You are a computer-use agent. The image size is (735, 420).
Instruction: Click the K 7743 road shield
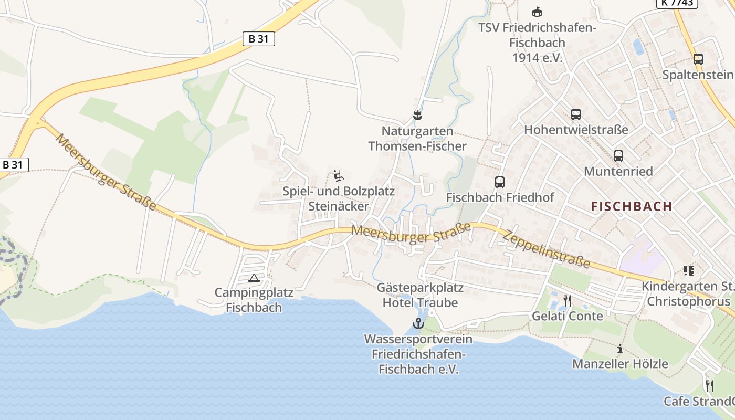[677, 3]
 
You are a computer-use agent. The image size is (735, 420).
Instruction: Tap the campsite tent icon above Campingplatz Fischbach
[254, 278]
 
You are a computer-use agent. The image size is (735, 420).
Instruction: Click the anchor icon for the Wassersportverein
[418, 323]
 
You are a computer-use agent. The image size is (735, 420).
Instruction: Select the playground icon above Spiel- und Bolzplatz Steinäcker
[339, 175]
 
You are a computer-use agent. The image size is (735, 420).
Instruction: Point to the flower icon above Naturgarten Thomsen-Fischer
[417, 115]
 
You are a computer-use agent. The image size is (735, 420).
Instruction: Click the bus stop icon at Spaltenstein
[698, 59]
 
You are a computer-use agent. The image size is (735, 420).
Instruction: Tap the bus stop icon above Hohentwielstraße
[576, 114]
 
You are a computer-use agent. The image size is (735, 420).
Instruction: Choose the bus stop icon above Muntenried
[618, 156]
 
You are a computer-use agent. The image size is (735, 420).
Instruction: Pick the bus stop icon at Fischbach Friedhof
[500, 182]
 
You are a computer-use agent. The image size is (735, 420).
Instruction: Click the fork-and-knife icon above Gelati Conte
[567, 300]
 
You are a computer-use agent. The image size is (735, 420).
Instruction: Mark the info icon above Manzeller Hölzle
[619, 349]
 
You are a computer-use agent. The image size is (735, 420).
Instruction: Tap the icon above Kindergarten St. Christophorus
[688, 271]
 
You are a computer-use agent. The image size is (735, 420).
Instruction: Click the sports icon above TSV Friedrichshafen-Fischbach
[537, 12]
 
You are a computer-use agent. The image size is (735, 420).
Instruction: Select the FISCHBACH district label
[632, 206]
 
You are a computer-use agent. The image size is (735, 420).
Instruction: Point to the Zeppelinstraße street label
[546, 249]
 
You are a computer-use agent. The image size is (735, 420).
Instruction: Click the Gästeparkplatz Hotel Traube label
[420, 295]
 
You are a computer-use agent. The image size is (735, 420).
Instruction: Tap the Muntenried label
[618, 171]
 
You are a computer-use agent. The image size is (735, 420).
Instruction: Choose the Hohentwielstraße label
[576, 129]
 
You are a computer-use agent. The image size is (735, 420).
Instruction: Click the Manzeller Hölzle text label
[620, 363]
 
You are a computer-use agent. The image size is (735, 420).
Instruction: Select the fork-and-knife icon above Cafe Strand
[709, 386]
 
